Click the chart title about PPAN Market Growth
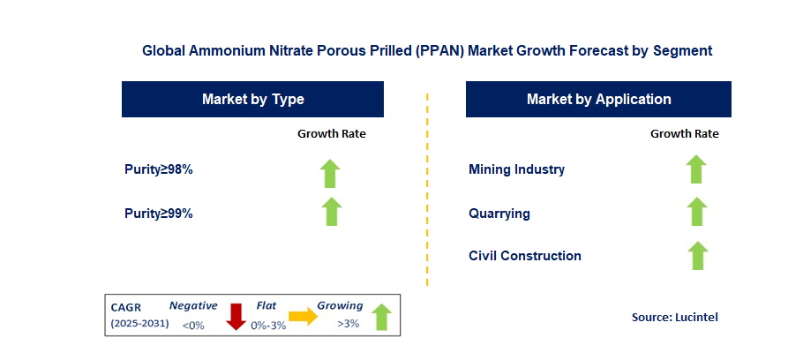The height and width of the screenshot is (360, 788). pyautogui.click(x=427, y=51)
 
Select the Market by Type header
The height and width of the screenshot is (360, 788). pyautogui.click(x=252, y=99)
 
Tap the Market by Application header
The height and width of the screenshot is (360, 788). pyautogui.click(x=598, y=99)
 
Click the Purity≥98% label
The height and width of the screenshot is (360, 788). pyautogui.click(x=159, y=169)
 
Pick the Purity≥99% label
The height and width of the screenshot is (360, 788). pyautogui.click(x=159, y=213)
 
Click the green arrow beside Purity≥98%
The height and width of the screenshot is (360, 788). pyautogui.click(x=330, y=173)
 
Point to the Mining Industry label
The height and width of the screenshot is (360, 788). pyautogui.click(x=516, y=169)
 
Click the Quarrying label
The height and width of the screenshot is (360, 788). pyautogui.click(x=499, y=213)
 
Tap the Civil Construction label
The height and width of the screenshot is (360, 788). pyautogui.click(x=525, y=256)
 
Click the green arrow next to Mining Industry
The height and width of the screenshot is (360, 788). pyautogui.click(x=697, y=169)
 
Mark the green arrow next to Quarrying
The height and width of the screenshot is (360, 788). pyautogui.click(x=697, y=212)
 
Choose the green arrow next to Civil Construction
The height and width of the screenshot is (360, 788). pyautogui.click(x=697, y=255)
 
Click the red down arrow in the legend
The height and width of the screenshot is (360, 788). pyautogui.click(x=236, y=317)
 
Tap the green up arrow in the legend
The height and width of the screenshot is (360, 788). pyautogui.click(x=380, y=317)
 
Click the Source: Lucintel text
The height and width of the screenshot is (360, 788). pyautogui.click(x=675, y=317)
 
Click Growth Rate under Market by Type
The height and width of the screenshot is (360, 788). pyautogui.click(x=331, y=134)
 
